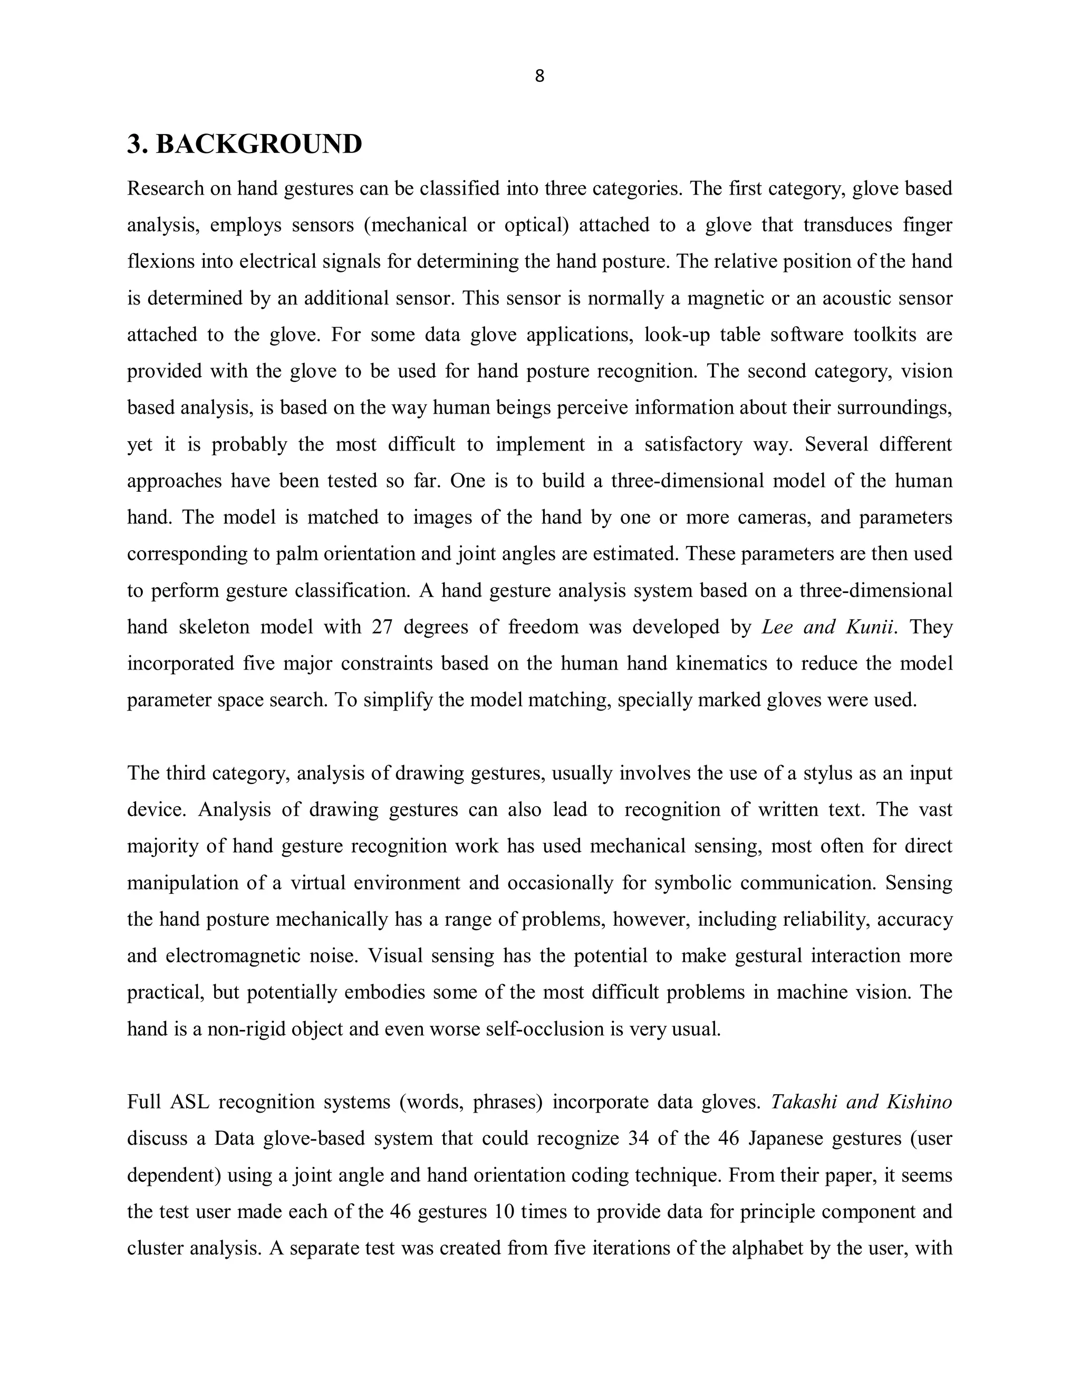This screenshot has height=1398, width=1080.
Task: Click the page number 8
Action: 539,76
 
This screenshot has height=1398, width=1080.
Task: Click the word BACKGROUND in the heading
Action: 258,144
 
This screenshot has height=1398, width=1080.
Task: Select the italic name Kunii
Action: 870,627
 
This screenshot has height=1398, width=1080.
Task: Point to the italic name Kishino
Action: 919,1102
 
